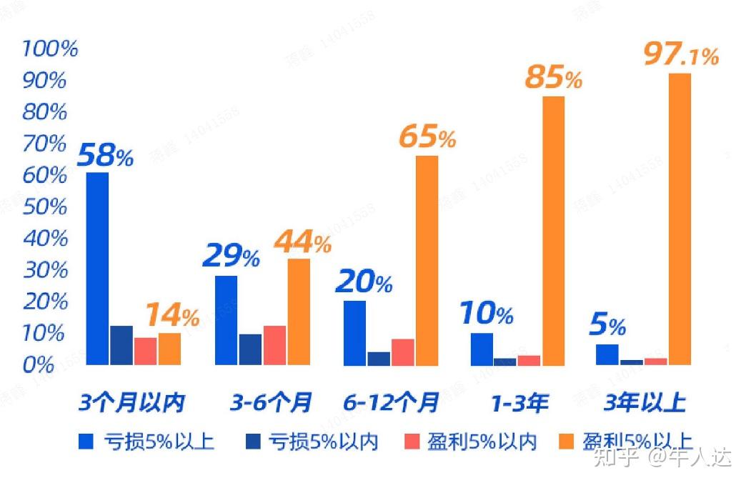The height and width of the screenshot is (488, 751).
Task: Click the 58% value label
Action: (x=105, y=156)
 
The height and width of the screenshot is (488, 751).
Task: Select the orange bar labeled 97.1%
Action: (x=680, y=219)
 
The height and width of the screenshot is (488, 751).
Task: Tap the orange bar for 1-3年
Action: (x=553, y=230)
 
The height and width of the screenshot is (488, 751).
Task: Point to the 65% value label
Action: (x=427, y=138)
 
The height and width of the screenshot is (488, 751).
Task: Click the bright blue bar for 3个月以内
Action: (x=97, y=269)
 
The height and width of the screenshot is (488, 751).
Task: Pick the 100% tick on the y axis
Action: (x=49, y=49)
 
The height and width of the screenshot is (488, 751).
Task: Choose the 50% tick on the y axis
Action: (x=45, y=207)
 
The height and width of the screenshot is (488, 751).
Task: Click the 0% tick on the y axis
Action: (x=39, y=365)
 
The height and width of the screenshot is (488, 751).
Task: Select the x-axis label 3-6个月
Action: (x=271, y=404)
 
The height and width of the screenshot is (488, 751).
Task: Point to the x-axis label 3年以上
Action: (x=644, y=404)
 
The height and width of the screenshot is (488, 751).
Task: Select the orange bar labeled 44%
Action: (x=299, y=312)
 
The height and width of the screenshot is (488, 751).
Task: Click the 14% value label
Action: (x=172, y=316)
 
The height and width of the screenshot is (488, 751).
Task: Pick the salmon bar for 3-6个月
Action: (x=275, y=345)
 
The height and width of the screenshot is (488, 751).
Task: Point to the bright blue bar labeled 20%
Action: (x=354, y=333)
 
